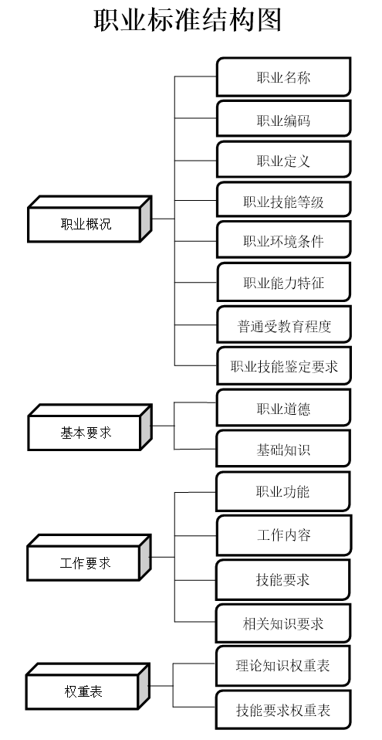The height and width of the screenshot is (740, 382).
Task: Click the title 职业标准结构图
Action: pyautogui.click(x=188, y=20)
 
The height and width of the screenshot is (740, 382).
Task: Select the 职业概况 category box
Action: pyautogui.click(x=86, y=225)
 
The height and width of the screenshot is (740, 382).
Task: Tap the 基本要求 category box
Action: pyautogui.click(x=86, y=433)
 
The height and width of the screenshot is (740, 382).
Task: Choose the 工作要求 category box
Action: pyautogui.click(x=85, y=563)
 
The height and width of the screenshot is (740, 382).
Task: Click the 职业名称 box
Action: pyautogui.click(x=283, y=77)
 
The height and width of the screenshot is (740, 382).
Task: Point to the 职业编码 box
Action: pyautogui.click(x=283, y=120)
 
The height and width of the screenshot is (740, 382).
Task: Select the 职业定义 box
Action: pyautogui.click(x=283, y=161)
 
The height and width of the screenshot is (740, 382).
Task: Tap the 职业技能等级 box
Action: pyautogui.click(x=283, y=202)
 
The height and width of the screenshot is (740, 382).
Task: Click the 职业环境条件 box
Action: pyautogui.click(x=283, y=242)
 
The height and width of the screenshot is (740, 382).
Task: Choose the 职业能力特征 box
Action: pyautogui.click(x=283, y=283)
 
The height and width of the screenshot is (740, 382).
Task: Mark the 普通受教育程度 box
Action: pyautogui.click(x=283, y=325)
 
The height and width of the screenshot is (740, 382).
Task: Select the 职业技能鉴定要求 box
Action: pyautogui.click(x=283, y=366)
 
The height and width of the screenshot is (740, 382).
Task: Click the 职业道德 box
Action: pyautogui.click(x=283, y=408)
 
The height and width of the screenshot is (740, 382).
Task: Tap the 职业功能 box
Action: pyautogui.click(x=283, y=492)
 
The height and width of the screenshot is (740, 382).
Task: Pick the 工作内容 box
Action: pyautogui.click(x=283, y=535)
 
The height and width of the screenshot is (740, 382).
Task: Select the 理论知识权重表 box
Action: pyautogui.click(x=283, y=665)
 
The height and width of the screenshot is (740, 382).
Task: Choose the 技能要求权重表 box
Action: pyautogui.click(x=283, y=709)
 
